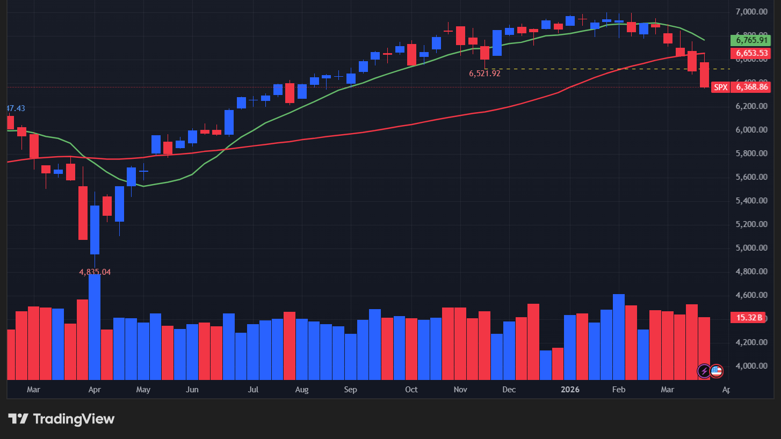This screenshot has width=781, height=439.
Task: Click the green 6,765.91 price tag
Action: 750,40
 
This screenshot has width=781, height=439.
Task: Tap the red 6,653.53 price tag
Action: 750,53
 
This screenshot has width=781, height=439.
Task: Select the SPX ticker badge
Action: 720,87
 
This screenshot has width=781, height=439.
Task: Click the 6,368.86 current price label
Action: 752,87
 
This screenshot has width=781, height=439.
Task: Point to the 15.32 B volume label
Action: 749,318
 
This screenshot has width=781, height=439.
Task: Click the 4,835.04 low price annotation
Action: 95,272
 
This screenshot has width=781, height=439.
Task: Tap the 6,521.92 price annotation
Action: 484,74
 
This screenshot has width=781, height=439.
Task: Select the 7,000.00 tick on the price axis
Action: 750,11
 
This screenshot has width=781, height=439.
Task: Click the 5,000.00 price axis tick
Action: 750,248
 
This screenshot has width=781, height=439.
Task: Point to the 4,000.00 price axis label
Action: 750,366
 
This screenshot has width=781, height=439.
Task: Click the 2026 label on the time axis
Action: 570,389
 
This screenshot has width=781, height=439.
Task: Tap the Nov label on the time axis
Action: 460,389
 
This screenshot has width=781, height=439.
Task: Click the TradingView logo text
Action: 74,419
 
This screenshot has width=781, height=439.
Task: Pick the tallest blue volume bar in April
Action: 95,327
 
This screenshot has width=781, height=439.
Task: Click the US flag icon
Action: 717,371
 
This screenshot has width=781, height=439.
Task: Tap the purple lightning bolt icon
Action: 704,371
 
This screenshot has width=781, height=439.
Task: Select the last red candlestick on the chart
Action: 704,75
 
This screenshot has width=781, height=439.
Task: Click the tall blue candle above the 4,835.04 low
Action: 95,230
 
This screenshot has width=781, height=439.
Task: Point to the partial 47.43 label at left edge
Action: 15,108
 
